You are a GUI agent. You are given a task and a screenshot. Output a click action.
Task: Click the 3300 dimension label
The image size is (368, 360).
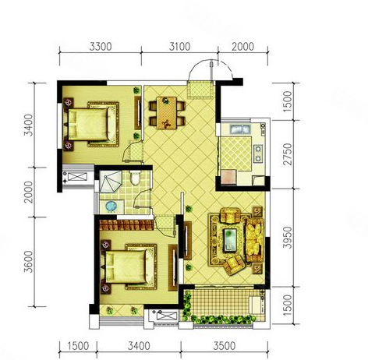[x=101, y=47]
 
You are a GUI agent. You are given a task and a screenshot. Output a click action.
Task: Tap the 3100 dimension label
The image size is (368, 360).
[x=179, y=47]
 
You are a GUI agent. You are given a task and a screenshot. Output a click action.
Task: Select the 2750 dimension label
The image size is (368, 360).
[x=288, y=154]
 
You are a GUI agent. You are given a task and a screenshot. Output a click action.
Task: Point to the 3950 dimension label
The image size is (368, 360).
[x=288, y=237]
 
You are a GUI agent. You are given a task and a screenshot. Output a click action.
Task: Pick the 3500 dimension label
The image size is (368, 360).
[x=225, y=346]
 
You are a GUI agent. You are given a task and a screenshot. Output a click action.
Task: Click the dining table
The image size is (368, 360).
[x=167, y=113]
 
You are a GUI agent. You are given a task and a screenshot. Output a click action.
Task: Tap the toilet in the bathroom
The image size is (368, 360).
[x=135, y=178]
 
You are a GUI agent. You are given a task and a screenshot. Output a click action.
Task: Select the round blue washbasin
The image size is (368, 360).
[x=111, y=206]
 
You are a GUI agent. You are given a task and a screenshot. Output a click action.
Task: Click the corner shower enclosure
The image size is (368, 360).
[x=111, y=182]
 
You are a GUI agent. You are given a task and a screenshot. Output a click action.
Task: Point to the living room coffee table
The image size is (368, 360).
[x=230, y=240]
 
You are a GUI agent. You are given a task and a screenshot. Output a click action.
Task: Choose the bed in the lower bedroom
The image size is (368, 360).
[x=127, y=266]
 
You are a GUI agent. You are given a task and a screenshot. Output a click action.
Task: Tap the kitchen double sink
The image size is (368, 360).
[x=240, y=129]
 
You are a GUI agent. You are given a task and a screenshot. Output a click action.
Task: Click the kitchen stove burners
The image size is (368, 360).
[x=258, y=154]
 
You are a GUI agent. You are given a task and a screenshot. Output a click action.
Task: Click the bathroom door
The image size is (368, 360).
[x=143, y=199]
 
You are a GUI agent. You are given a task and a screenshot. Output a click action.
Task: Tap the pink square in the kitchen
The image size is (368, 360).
[x=228, y=177]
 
